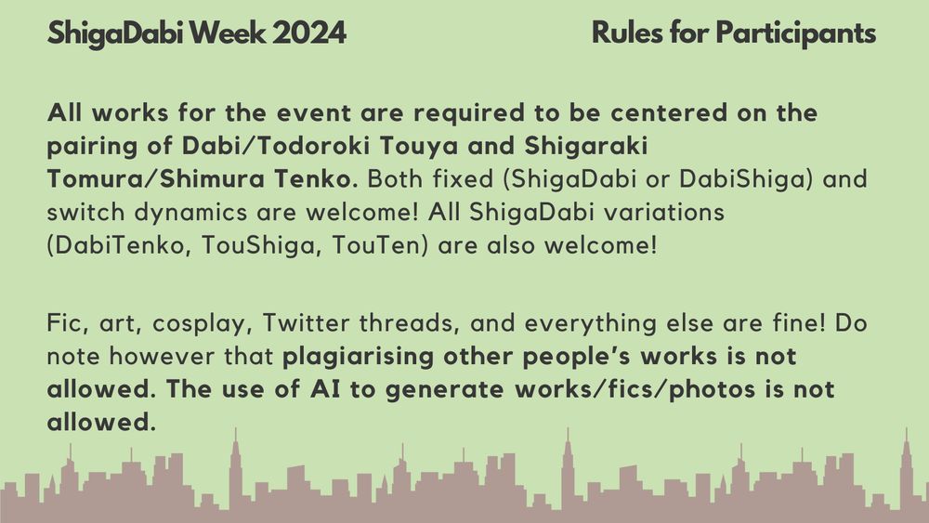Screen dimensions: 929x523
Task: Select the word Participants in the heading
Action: point(796,33)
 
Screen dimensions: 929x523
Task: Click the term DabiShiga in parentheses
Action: point(745,179)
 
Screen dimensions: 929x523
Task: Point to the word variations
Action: point(663,212)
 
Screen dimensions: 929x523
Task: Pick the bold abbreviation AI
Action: point(324,389)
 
